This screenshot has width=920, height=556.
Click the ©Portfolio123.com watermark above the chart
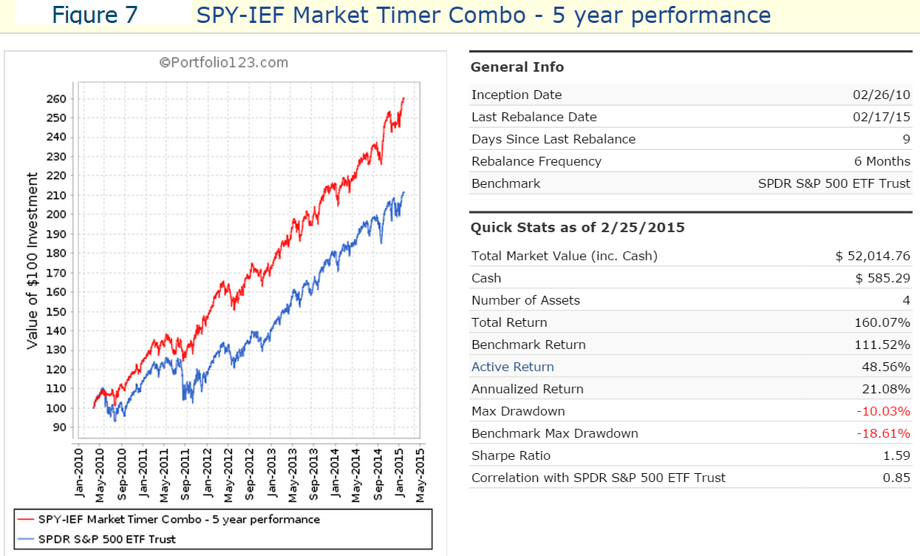pyautogui.click(x=224, y=63)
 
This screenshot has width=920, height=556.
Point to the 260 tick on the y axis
pyautogui.click(x=59, y=99)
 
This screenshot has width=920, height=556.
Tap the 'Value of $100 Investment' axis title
pyautogui.click(x=33, y=260)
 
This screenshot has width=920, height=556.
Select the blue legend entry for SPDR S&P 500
pyautogui.click(x=107, y=539)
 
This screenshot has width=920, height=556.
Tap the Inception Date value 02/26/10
pyautogui.click(x=882, y=95)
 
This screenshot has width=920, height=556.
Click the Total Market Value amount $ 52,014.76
pyautogui.click(x=873, y=256)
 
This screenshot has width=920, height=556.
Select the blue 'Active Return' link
pyautogui.click(x=512, y=367)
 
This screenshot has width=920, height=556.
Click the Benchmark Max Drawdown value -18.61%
pyautogui.click(x=883, y=433)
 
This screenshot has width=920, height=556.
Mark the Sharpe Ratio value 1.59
pyautogui.click(x=896, y=455)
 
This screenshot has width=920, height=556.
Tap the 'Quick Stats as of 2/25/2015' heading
pyautogui.click(x=578, y=228)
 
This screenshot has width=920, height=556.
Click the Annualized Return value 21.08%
pyautogui.click(x=885, y=389)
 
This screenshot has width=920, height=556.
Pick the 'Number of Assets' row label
pyautogui.click(x=525, y=300)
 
